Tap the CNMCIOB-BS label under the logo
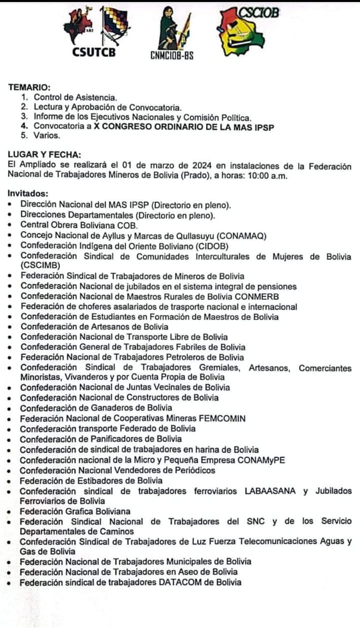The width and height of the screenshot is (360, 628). (171, 56)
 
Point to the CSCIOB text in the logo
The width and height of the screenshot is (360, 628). (258, 13)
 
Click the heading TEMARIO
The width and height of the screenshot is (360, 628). (29, 88)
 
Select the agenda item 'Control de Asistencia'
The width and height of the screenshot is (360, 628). (75, 97)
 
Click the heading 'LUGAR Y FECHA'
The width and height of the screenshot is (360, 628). (45, 155)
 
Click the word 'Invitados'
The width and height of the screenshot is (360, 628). (28, 194)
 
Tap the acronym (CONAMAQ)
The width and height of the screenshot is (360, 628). (235, 235)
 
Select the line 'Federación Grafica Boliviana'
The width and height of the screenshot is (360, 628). (75, 511)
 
